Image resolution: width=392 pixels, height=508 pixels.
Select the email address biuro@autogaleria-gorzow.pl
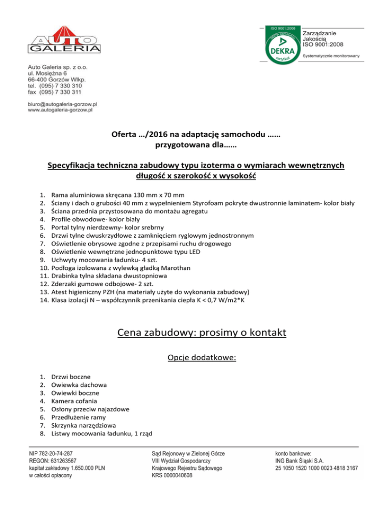pyautogui.click(x=63, y=104)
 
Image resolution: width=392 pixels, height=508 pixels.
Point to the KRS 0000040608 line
pyautogui.click(x=173, y=475)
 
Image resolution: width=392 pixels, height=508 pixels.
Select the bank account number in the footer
pyautogui.click(x=316, y=468)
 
